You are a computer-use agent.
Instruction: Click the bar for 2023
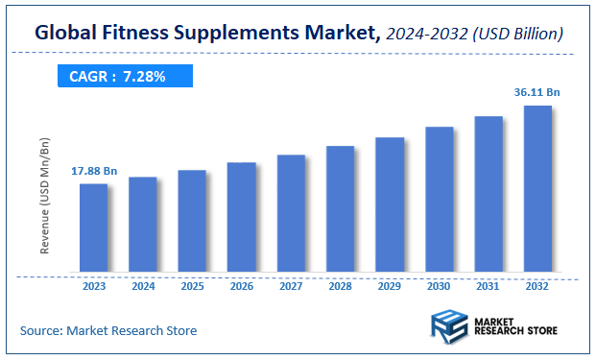pyautogui.click(x=93, y=228)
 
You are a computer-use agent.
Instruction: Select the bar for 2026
pyautogui.click(x=241, y=218)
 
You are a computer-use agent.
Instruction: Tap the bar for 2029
pyautogui.click(x=390, y=205)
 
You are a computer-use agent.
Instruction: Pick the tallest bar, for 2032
pyautogui.click(x=537, y=189)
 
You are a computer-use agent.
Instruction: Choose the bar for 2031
pyautogui.click(x=489, y=195)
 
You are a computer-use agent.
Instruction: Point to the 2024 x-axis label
pyautogui.click(x=142, y=285)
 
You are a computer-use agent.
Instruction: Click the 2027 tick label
pyautogui.click(x=291, y=285)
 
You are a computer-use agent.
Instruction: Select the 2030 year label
pyautogui.click(x=439, y=285)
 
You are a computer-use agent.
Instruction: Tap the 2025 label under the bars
pyautogui.click(x=192, y=285)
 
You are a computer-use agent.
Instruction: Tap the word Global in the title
pyautogui.click(x=68, y=34)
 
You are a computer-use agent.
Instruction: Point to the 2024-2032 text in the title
pyautogui.click(x=426, y=34)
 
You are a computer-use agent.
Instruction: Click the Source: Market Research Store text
pyautogui.click(x=108, y=330)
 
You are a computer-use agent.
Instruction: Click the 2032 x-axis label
pyautogui.click(x=537, y=285)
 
